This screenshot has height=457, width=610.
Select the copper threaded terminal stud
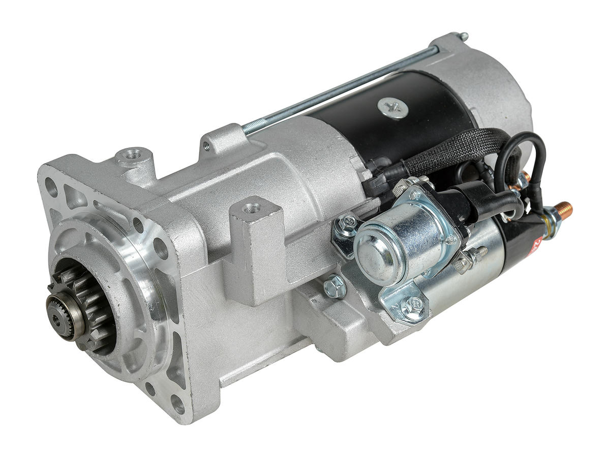(x=563, y=208)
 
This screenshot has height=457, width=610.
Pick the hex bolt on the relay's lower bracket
(x=411, y=306)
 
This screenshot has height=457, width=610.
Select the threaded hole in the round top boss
(x=133, y=153)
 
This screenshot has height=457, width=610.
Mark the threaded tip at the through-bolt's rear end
(x=463, y=36)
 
